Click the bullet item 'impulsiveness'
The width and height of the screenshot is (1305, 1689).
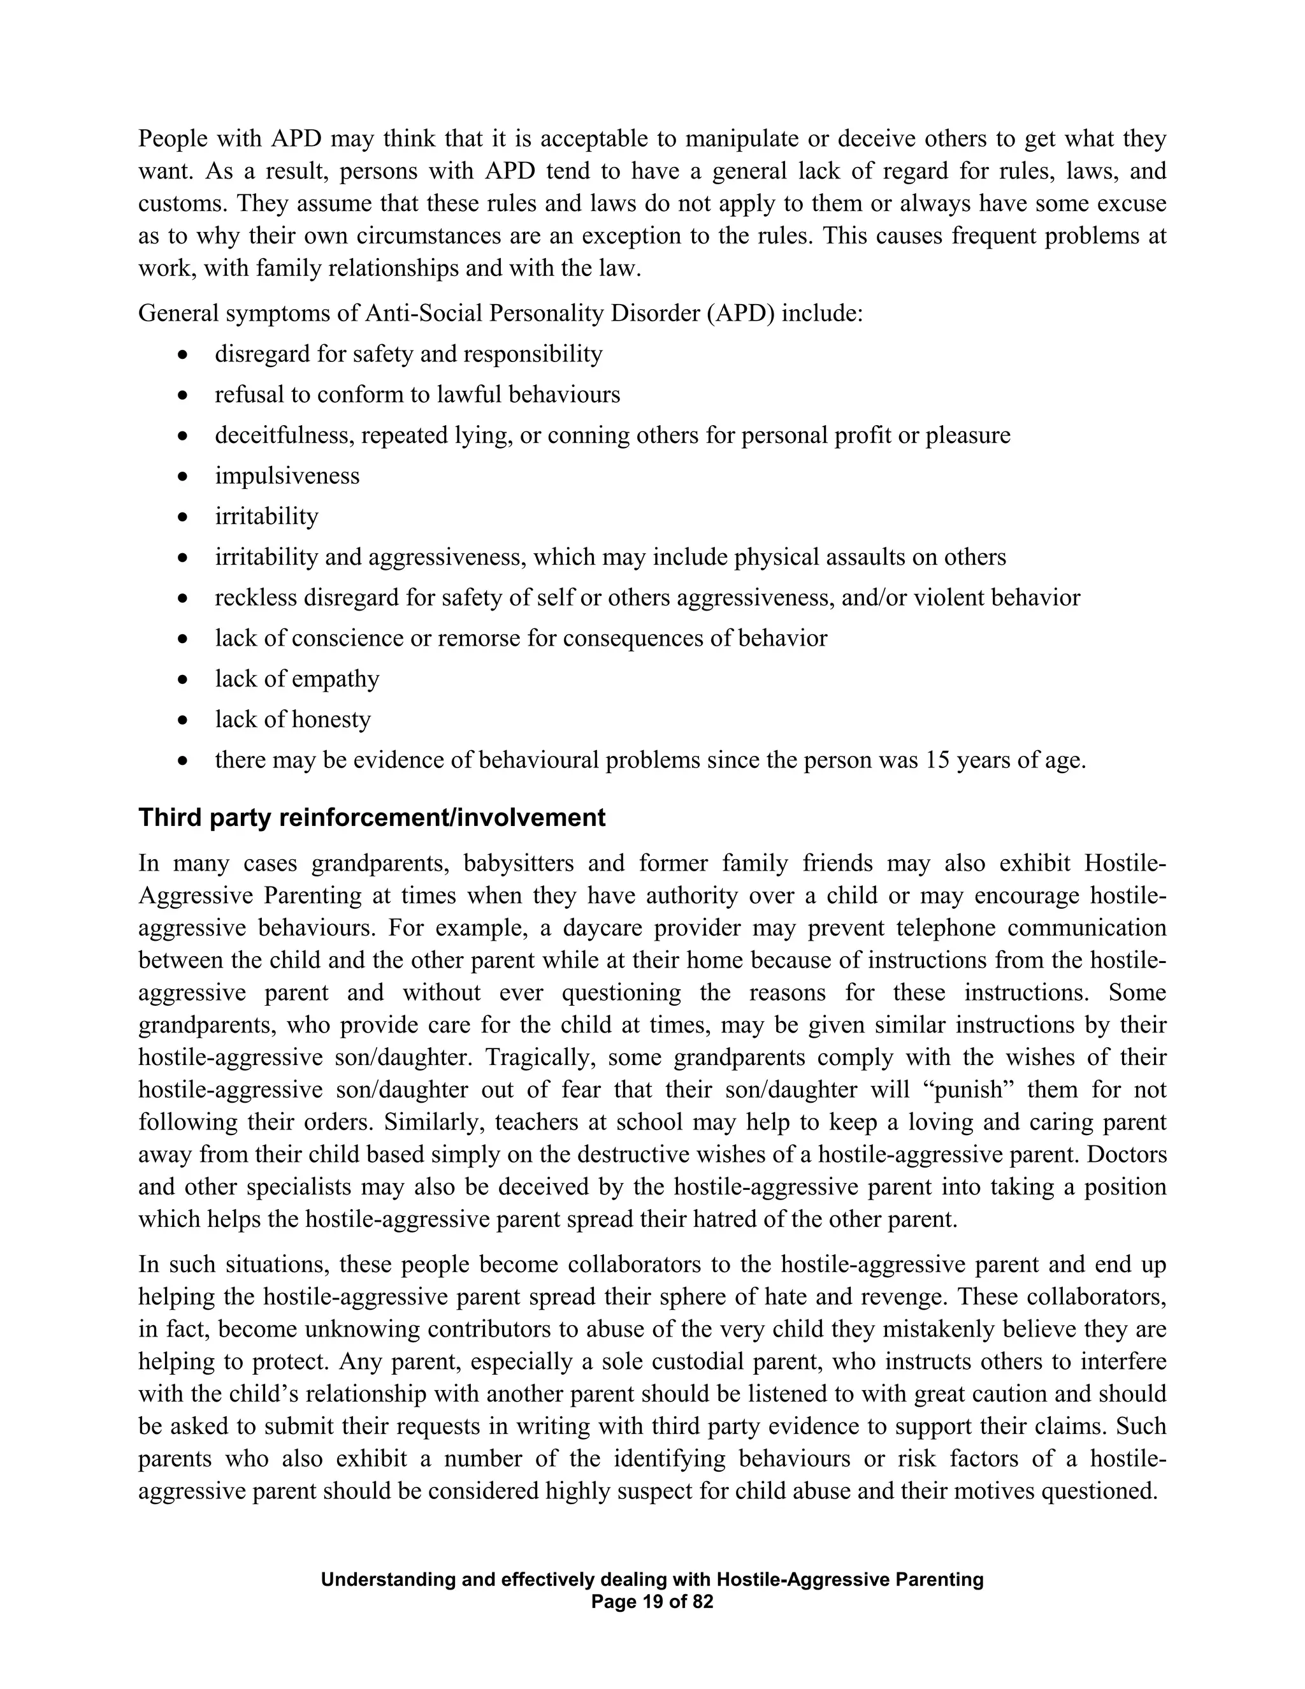287,475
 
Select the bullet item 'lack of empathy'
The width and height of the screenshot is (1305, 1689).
297,678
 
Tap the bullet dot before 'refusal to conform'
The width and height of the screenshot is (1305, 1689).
182,395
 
